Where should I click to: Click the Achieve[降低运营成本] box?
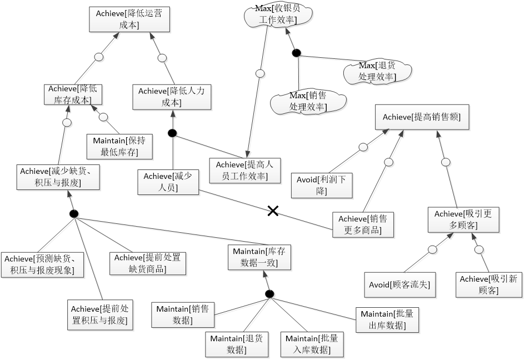click(129, 19)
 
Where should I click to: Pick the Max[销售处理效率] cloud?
click(308, 101)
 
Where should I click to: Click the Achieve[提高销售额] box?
click(422, 117)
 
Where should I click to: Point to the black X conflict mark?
click(273, 211)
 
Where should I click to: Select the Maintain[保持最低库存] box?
click(119, 146)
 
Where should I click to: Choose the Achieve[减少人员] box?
click(168, 182)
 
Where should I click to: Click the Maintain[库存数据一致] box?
click(259, 257)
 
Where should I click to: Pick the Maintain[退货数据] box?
click(236, 343)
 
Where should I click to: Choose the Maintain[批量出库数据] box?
click(387, 319)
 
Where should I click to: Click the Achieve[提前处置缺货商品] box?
click(148, 263)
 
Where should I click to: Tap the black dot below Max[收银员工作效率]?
click(296, 53)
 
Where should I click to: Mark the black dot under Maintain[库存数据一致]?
click(269, 294)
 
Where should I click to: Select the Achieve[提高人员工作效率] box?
click(242, 171)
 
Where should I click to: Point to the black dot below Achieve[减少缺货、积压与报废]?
click(73, 214)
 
